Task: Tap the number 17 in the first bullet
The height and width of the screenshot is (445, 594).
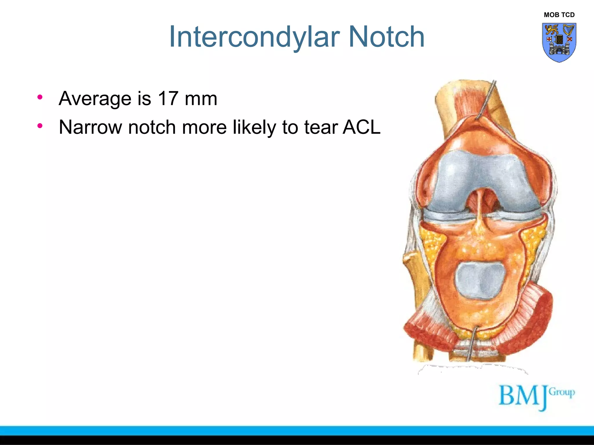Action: [x=168, y=98]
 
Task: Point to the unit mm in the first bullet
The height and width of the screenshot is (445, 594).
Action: [x=201, y=99]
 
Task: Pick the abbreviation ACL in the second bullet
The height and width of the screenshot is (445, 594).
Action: [x=361, y=127]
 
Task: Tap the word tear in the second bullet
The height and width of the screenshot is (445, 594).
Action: [x=321, y=127]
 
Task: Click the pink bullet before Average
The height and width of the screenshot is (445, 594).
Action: [x=40, y=97]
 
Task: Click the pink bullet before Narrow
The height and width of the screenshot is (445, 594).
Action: [x=40, y=126]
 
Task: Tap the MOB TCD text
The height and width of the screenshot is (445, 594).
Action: [x=559, y=15]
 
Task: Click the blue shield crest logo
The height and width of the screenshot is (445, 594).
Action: [x=559, y=42]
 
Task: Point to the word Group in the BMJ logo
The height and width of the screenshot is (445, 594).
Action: [x=562, y=392]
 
